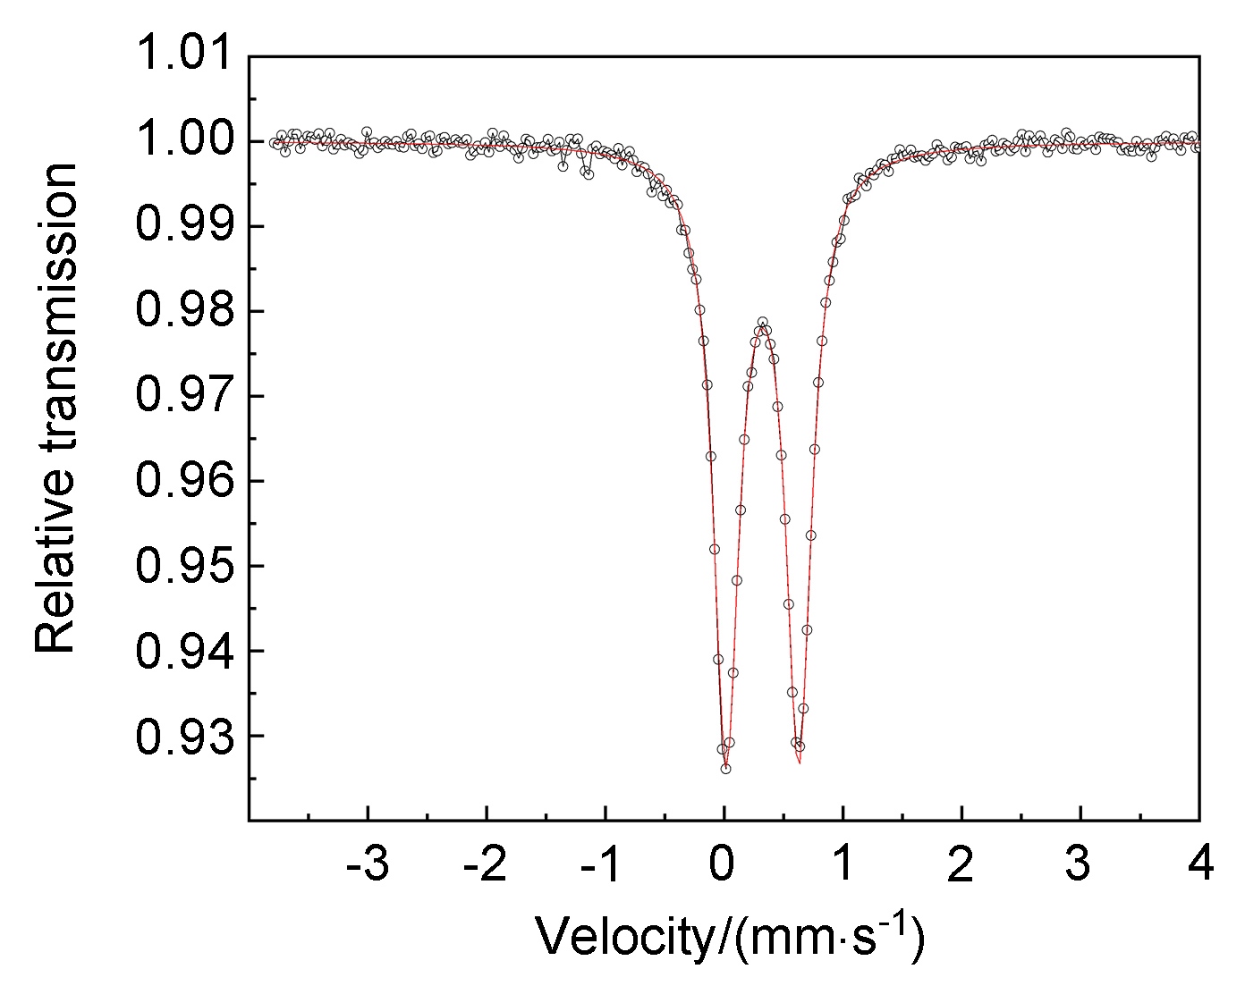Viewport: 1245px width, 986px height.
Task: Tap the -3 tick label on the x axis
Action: coord(367,864)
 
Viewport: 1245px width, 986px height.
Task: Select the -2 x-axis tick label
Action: coord(486,864)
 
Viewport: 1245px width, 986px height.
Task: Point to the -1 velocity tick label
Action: coord(605,864)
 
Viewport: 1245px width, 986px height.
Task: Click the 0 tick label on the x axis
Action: coord(724,864)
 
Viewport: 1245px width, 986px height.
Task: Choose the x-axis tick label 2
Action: coord(961,864)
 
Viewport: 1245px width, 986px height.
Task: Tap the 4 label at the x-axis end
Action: coord(1200,864)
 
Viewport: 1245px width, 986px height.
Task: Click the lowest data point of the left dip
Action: coord(725,769)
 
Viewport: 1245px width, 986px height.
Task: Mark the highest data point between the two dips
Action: coord(763,322)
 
